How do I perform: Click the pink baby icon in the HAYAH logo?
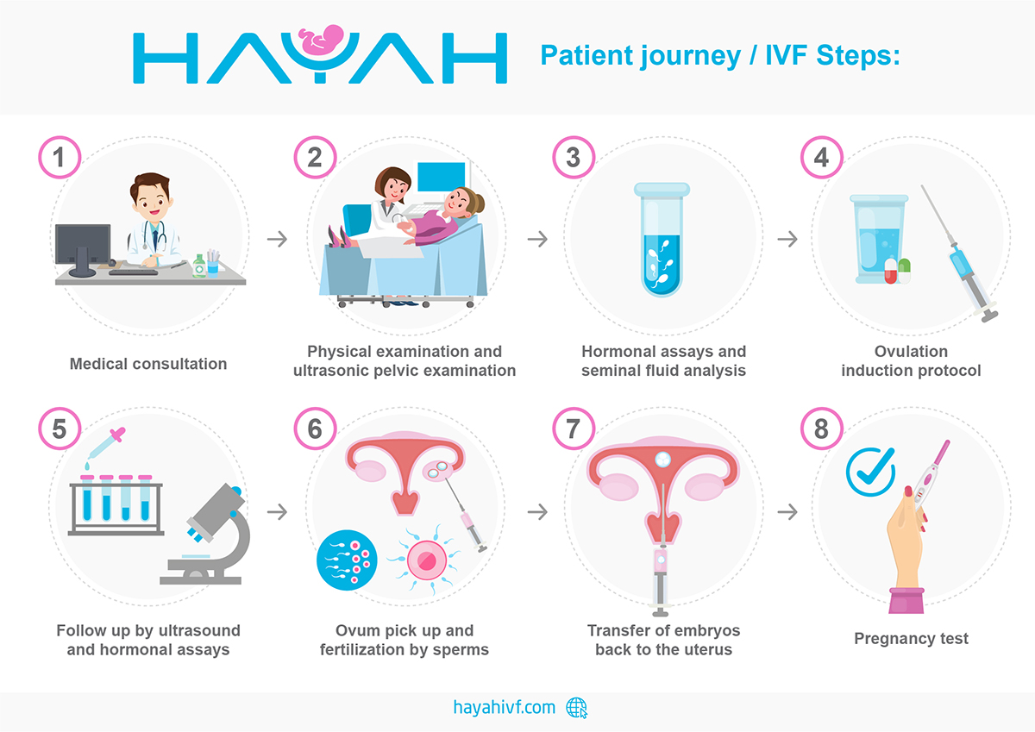(x=322, y=40)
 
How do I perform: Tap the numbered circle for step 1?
(x=60, y=158)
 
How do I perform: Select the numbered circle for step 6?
(x=315, y=429)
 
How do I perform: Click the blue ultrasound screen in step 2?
(x=441, y=177)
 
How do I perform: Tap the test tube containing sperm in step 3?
(x=662, y=239)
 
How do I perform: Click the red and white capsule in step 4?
(x=890, y=271)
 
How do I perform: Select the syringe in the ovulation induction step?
(x=959, y=253)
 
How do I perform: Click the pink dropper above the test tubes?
(x=106, y=443)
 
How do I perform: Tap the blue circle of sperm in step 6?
(x=347, y=560)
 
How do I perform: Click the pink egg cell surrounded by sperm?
(x=426, y=560)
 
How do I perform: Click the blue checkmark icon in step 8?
(x=871, y=472)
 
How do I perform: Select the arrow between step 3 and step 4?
(x=787, y=239)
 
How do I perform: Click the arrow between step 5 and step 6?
(x=277, y=511)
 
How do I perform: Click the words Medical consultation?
(x=148, y=364)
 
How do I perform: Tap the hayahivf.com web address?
(x=504, y=708)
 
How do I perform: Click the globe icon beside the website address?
(x=577, y=708)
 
